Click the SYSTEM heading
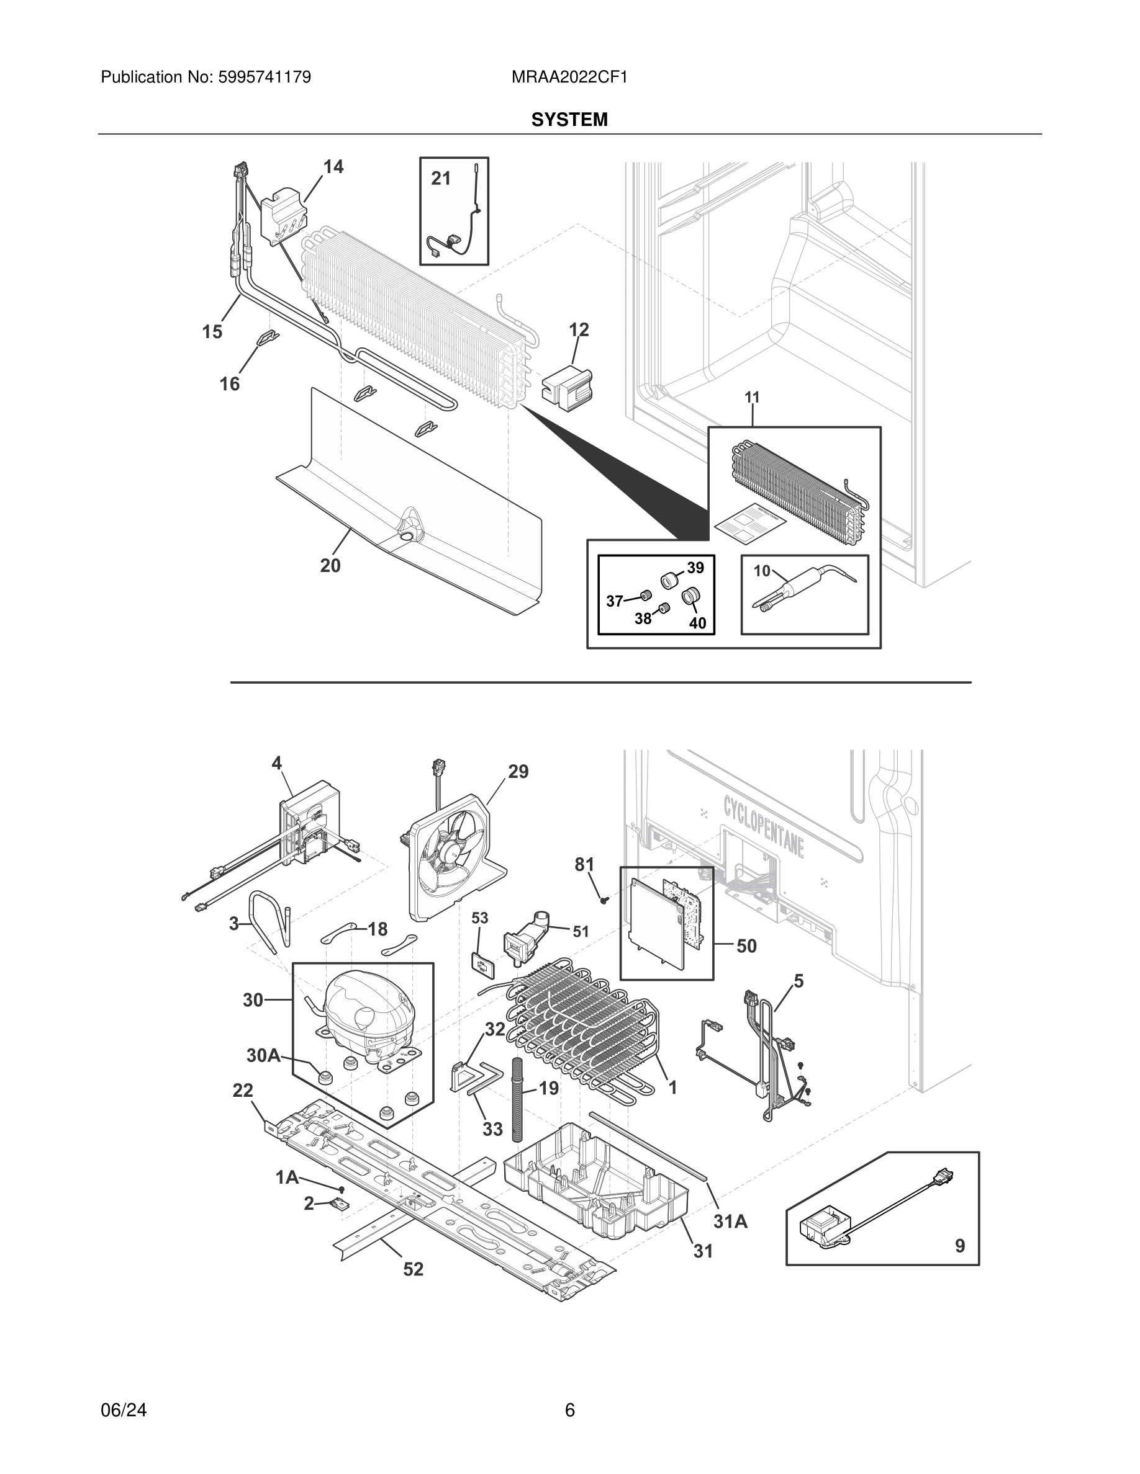(x=569, y=120)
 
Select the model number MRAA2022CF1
(x=569, y=78)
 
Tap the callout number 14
(x=333, y=167)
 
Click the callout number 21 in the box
(x=440, y=178)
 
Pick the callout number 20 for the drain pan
(x=330, y=566)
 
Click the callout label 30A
(x=263, y=1055)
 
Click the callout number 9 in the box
(x=959, y=1245)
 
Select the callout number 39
(x=695, y=568)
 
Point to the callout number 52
(x=413, y=1269)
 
